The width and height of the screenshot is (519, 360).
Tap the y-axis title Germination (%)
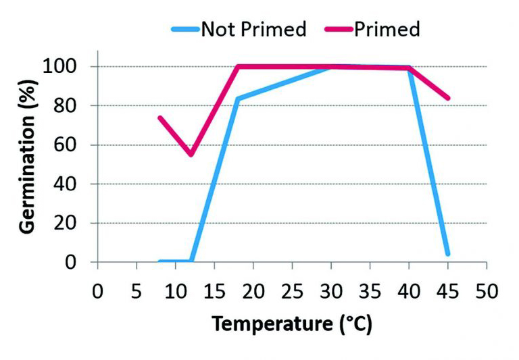[x=28, y=164]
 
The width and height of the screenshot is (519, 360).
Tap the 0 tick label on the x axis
[x=97, y=292]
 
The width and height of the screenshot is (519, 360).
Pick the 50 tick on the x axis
[x=487, y=292]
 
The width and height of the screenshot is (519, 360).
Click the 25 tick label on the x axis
[x=292, y=292]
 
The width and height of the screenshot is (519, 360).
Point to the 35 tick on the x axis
[x=370, y=292]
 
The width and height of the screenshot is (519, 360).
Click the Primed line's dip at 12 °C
[x=191, y=155]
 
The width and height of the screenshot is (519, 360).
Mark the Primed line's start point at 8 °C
[x=160, y=118]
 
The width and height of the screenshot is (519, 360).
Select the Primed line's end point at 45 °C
[x=447, y=98]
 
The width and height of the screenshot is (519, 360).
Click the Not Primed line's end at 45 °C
[x=447, y=254]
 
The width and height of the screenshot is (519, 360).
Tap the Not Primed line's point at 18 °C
[x=238, y=99]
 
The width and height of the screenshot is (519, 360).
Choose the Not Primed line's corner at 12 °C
[x=191, y=261]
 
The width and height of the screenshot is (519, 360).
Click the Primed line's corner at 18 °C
[x=238, y=67]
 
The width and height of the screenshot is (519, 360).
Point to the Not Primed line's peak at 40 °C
[x=409, y=68]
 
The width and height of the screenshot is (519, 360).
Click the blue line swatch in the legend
[x=184, y=29]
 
